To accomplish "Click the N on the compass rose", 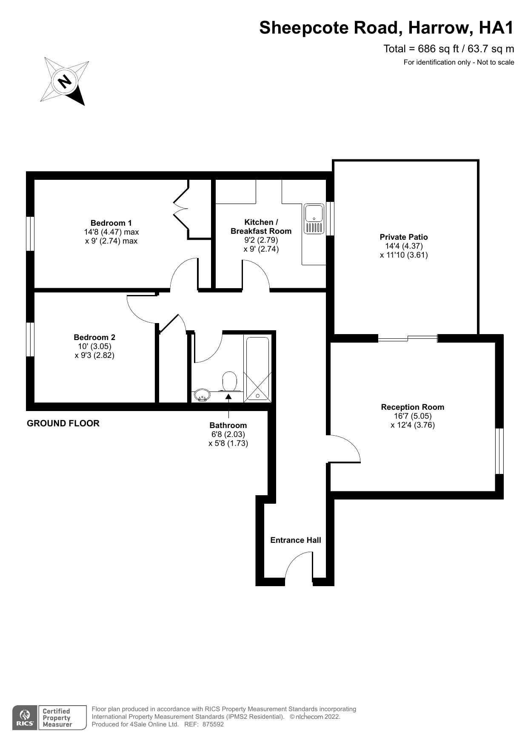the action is (x=65, y=81).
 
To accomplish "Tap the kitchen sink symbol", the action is (x=314, y=219).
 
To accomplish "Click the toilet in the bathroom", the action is (x=229, y=381).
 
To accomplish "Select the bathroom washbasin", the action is (x=201, y=395).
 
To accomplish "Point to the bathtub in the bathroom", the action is (x=257, y=369).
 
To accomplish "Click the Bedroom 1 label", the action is (x=111, y=223).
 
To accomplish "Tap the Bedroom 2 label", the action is (x=94, y=337).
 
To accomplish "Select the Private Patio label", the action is (x=404, y=237).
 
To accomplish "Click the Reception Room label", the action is (x=413, y=407).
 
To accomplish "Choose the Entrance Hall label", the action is (x=296, y=540).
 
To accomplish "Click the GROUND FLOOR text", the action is (x=63, y=423).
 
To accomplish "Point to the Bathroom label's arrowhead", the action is (x=228, y=397).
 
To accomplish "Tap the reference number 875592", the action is (x=213, y=724).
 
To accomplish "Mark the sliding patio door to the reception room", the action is (x=408, y=338).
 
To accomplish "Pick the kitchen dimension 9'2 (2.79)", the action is (x=261, y=240).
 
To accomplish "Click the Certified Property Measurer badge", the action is (x=62, y=718).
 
